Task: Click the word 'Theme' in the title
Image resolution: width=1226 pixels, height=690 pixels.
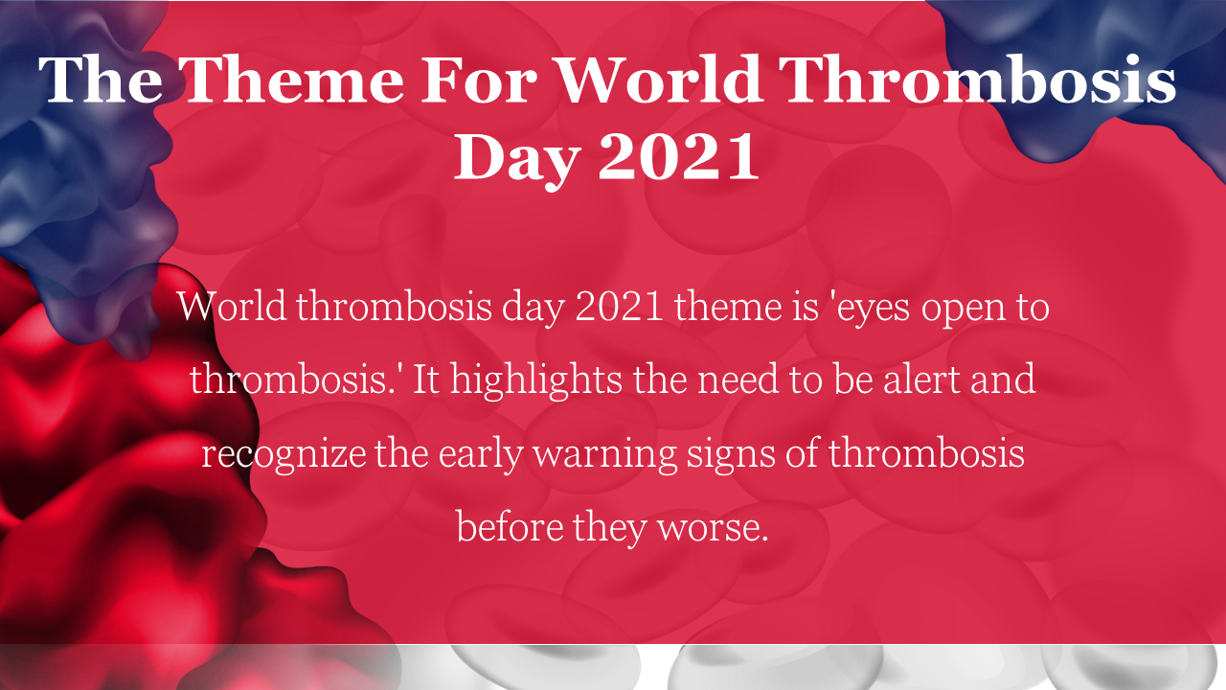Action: (294, 80)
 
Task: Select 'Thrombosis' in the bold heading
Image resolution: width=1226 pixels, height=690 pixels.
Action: (976, 79)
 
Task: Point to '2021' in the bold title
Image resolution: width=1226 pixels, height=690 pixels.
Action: (679, 156)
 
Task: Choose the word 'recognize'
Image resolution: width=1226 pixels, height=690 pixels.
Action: (284, 455)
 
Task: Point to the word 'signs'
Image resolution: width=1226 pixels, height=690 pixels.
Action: (731, 455)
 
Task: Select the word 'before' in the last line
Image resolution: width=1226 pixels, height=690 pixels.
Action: (510, 527)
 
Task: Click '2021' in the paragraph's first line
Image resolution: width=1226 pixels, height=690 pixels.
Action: (619, 307)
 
